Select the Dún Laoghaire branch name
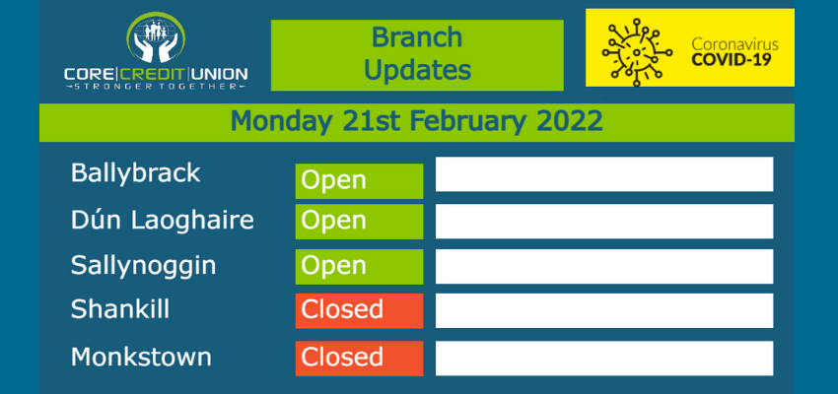click(x=163, y=220)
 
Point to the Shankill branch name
click(x=120, y=309)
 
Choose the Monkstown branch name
click(x=141, y=357)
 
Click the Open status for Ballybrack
click(x=359, y=181)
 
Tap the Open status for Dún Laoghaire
click(x=359, y=222)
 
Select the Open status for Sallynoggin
click(x=359, y=266)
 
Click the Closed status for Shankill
click(x=359, y=310)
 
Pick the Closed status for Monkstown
click(x=359, y=359)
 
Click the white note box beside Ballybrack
click(x=604, y=174)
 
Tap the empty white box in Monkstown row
click(x=604, y=359)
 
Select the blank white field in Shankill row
click(x=604, y=310)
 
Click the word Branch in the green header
click(x=417, y=37)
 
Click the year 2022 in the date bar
click(x=570, y=122)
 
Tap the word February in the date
click(x=467, y=123)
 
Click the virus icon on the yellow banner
click(x=637, y=52)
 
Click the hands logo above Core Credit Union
click(x=156, y=37)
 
